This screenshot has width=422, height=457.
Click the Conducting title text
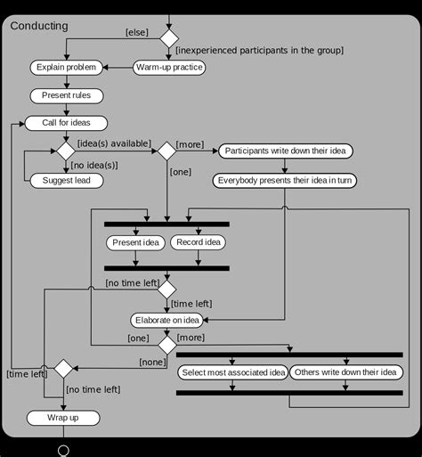point(39,26)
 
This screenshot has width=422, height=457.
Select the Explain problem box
point(67,67)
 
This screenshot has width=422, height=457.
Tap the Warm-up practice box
point(169,67)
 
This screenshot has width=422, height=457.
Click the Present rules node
point(67,95)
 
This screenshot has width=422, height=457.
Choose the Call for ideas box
point(67,123)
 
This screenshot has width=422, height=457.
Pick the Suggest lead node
point(67,180)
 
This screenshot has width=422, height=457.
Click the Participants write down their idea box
point(285,151)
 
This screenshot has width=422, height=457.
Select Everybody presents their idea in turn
point(284,180)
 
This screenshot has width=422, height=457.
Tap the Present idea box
point(135,242)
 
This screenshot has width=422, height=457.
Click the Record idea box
point(198,242)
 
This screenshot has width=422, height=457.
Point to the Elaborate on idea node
point(167,320)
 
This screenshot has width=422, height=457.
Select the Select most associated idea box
point(232,371)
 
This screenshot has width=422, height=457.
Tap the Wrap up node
point(63,418)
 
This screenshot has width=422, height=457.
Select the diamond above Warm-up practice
point(168,38)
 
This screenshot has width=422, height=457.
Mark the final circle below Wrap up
point(63,451)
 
